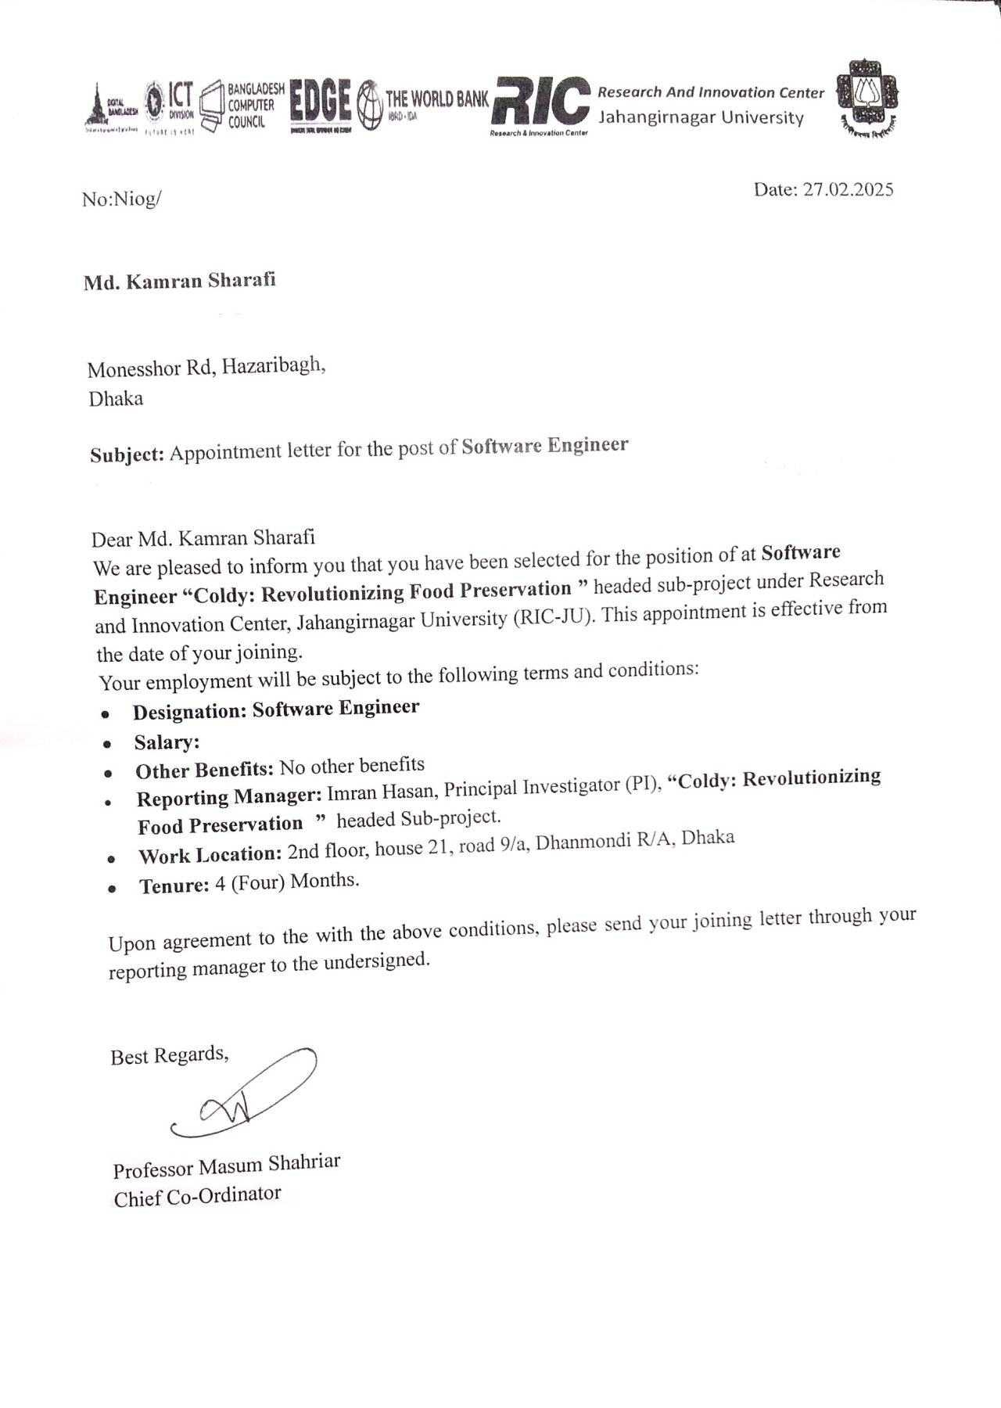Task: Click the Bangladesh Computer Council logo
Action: pos(242,106)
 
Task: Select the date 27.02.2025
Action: pos(848,189)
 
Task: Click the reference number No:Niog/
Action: pos(121,199)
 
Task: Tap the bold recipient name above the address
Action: pos(180,282)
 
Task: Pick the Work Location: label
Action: pos(210,855)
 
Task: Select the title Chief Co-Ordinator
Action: pos(197,1196)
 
